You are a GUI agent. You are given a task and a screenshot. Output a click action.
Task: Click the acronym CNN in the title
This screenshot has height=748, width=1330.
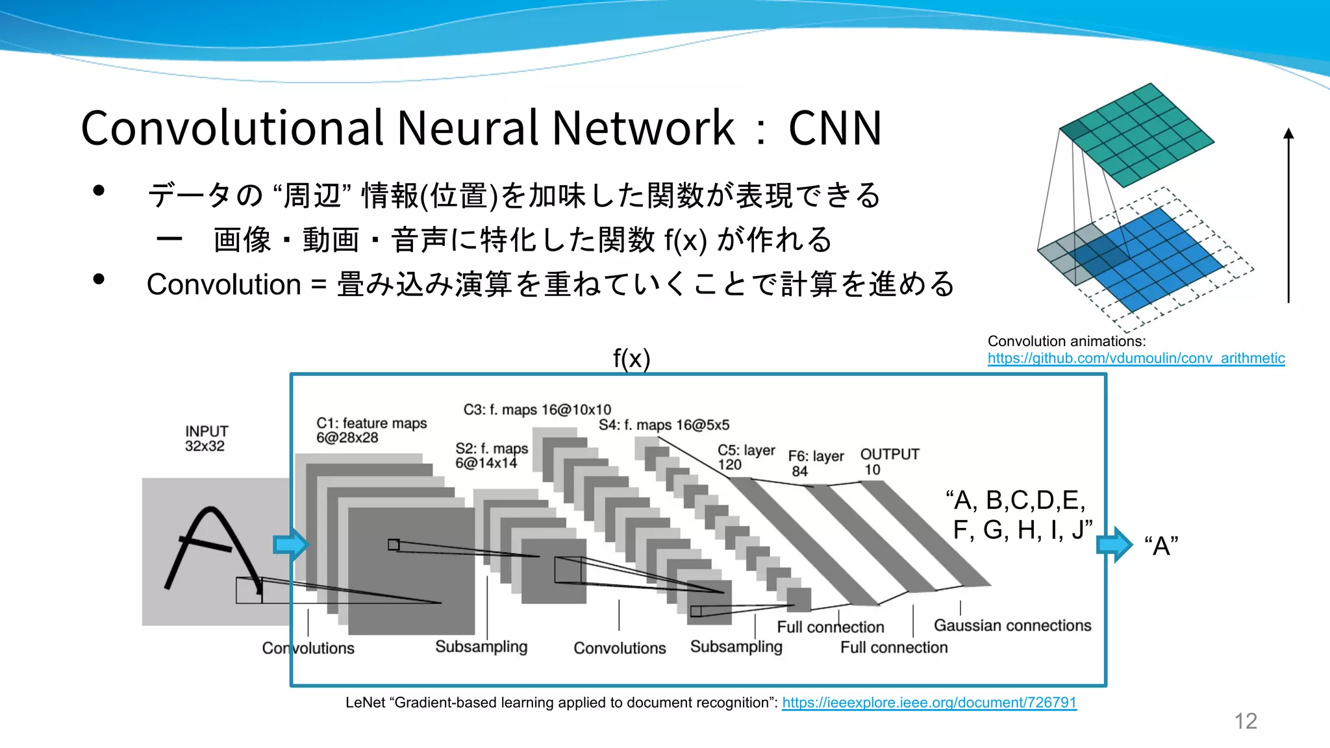pos(834,129)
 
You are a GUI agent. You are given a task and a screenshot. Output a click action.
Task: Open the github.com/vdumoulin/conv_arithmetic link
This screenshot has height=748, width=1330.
pos(1136,358)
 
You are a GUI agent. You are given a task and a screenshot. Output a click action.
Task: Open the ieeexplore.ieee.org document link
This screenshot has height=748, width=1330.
pos(929,703)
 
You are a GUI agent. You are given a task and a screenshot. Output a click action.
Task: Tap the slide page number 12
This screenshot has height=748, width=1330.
pos(1245,721)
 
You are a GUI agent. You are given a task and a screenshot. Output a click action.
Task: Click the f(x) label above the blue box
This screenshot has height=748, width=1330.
pos(631,358)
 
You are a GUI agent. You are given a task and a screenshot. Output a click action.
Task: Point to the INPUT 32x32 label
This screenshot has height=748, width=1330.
pos(206,438)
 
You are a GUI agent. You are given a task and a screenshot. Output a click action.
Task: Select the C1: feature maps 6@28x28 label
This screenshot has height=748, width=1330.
pos(371,430)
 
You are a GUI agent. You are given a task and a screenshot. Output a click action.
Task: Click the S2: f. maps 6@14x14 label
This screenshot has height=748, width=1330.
pos(491,455)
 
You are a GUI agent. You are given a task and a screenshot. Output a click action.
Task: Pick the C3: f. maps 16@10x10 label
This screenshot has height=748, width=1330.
pos(537,410)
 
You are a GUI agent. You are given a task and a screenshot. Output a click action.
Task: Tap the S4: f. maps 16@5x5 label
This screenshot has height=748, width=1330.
pos(664,425)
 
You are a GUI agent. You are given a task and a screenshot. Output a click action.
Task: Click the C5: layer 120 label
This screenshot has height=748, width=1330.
pos(746,457)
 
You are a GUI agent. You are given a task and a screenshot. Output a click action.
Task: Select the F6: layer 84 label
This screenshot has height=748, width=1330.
pos(816,463)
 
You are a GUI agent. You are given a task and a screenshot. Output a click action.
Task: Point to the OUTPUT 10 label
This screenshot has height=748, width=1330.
pos(889,461)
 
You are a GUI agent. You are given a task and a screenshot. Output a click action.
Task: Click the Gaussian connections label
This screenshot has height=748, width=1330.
pos(1012,625)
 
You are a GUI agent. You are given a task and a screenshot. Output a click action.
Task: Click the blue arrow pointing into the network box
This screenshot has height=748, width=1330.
pos(290,544)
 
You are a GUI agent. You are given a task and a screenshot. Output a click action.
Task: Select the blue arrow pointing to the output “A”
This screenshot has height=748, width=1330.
pos(1114,544)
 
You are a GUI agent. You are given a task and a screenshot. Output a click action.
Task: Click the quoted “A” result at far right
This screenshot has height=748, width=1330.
pos(1161,546)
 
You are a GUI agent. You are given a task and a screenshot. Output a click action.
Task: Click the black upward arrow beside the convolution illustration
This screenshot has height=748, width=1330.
pos(1288,214)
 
